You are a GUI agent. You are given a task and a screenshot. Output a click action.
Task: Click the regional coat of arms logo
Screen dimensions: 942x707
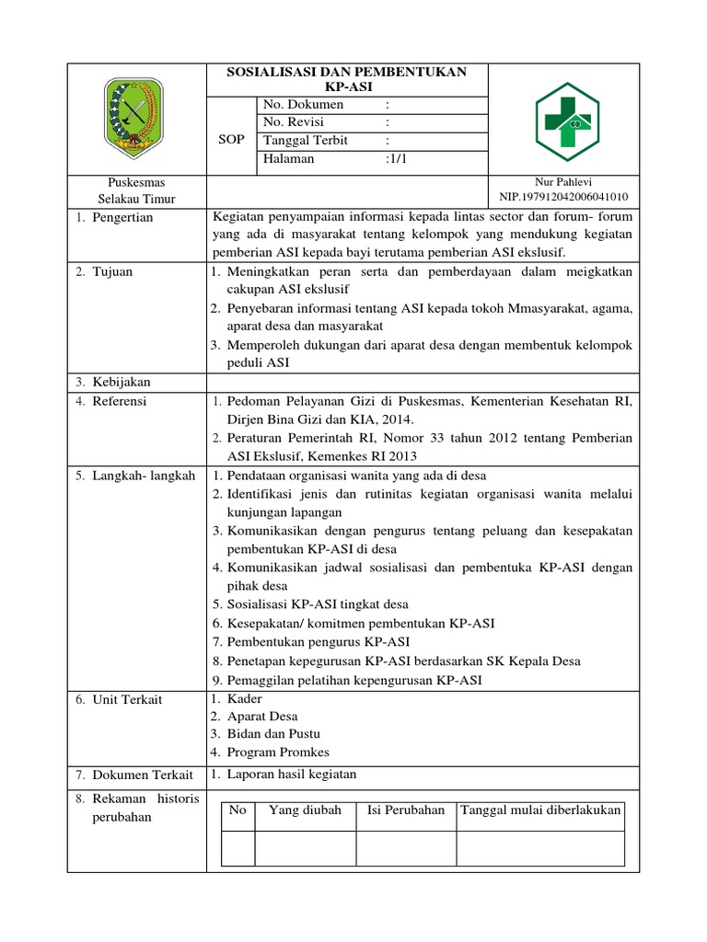[137, 116]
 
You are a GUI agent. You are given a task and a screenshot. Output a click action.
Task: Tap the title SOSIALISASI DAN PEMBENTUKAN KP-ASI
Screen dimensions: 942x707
[347, 80]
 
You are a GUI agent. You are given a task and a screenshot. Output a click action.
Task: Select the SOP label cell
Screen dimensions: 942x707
[230, 140]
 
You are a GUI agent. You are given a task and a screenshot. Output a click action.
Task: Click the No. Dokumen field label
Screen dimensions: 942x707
[303, 105]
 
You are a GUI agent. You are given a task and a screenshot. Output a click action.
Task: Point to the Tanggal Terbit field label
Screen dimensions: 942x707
[307, 141]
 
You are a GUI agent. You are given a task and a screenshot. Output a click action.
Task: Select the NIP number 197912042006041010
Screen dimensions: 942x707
[562, 197]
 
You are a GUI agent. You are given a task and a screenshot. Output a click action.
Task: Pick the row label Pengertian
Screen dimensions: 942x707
[122, 218]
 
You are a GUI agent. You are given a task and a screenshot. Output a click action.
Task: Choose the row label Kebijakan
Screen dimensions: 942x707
[121, 382]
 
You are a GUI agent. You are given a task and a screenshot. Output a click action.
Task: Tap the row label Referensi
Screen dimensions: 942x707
[119, 402]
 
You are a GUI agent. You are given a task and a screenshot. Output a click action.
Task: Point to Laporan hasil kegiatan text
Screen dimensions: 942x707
[291, 775]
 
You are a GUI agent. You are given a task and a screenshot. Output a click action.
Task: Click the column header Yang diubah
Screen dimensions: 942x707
[305, 810]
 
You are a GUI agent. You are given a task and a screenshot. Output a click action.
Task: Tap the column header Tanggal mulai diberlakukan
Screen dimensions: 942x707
[540, 810]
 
